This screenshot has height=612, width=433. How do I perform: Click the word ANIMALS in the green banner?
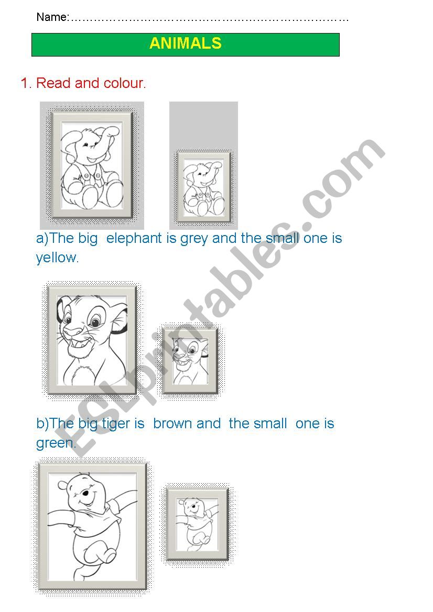[185, 43]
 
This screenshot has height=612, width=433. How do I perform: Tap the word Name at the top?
[51, 17]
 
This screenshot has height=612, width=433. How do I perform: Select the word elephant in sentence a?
[134, 239]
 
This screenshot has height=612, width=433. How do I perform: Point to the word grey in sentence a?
[194, 239]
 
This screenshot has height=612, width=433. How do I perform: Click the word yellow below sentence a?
[57, 258]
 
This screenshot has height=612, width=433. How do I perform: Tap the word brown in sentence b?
[187, 424]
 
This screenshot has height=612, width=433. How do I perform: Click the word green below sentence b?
[55, 443]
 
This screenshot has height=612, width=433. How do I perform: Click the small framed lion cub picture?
[190, 360]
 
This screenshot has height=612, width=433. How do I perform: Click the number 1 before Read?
[25, 83]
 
